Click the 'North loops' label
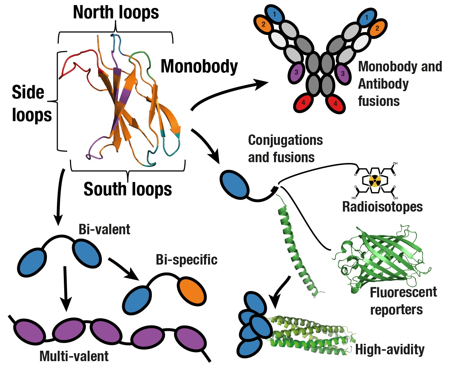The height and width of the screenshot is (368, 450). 116,13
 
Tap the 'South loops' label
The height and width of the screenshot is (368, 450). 128,189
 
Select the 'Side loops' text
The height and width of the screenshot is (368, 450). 31,103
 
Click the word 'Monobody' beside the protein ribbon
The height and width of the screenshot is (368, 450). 199,66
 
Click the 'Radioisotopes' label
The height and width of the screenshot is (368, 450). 382,207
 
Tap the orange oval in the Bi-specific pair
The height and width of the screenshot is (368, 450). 192,291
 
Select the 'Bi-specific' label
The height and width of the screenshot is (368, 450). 186,260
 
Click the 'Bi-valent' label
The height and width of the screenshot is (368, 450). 104,229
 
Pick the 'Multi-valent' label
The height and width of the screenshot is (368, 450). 74,356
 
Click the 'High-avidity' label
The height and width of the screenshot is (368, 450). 390,349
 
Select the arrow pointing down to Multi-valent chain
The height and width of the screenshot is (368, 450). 65,288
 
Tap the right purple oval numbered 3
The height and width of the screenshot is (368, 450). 343,74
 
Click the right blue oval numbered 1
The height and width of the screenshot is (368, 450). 367,17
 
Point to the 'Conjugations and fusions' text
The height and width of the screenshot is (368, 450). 285,148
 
